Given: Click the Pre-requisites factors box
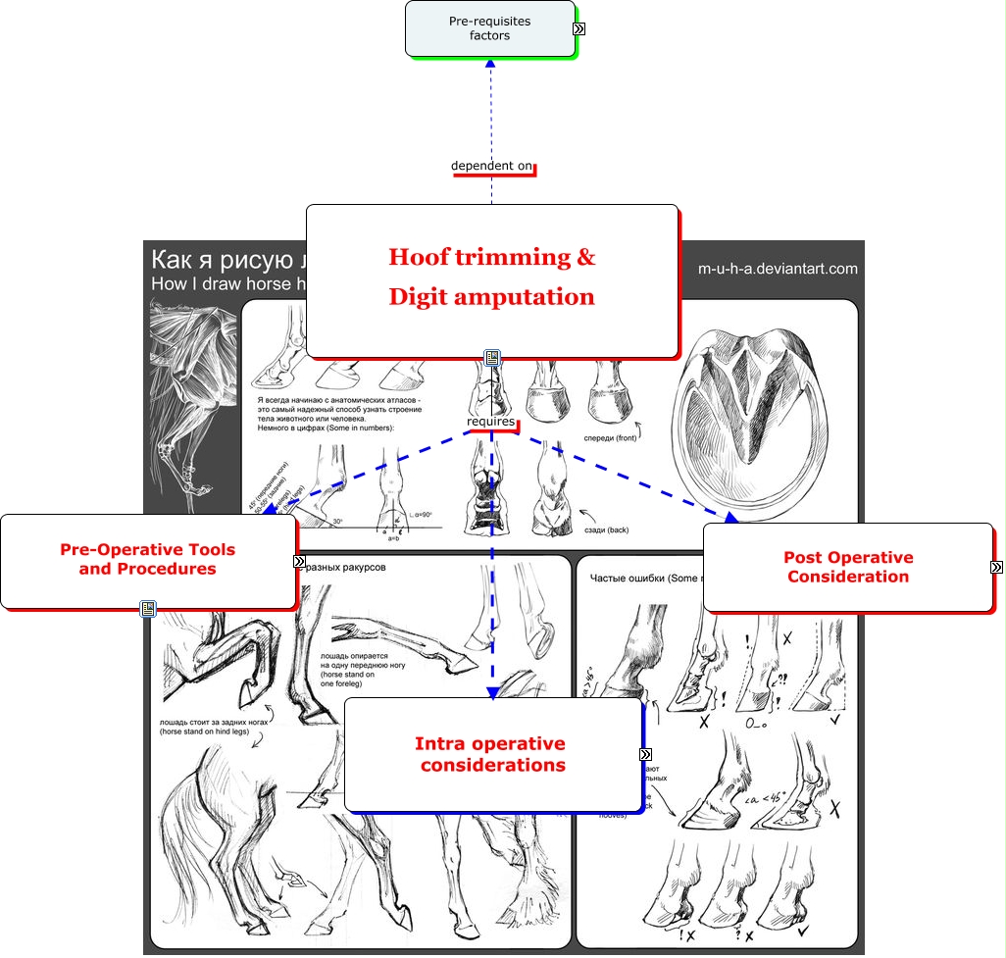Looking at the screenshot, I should coord(489,28).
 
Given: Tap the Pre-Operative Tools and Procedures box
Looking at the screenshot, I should coord(148,560).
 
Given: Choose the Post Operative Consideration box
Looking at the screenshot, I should coord(847,567).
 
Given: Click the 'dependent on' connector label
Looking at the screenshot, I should coord(491,166).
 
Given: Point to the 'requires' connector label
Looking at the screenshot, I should coord(490,422).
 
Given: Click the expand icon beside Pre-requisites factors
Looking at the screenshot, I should coord(579,29).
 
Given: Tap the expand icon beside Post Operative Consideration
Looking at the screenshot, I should coord(996,567).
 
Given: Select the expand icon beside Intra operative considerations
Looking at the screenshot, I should coord(645,754).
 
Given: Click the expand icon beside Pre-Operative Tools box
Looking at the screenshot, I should coord(299,561).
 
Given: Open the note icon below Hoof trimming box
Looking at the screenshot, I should coord(492,359).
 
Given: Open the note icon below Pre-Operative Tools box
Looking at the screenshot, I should coord(148,609).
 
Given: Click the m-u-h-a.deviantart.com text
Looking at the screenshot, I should coord(778,269).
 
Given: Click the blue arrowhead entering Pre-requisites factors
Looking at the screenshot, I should coord(491,64).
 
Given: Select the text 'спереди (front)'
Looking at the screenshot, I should coord(610,438).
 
